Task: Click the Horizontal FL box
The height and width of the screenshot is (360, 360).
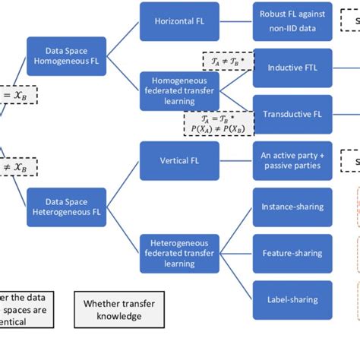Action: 179,21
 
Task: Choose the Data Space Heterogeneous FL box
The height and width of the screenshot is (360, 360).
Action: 65,207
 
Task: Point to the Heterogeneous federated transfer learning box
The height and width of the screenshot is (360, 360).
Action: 179,252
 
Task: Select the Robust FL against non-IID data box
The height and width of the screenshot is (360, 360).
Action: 292,21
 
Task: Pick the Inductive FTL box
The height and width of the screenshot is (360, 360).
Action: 292,68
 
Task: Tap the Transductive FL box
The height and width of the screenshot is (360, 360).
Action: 292,114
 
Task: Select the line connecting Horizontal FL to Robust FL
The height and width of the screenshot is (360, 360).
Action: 235,21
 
